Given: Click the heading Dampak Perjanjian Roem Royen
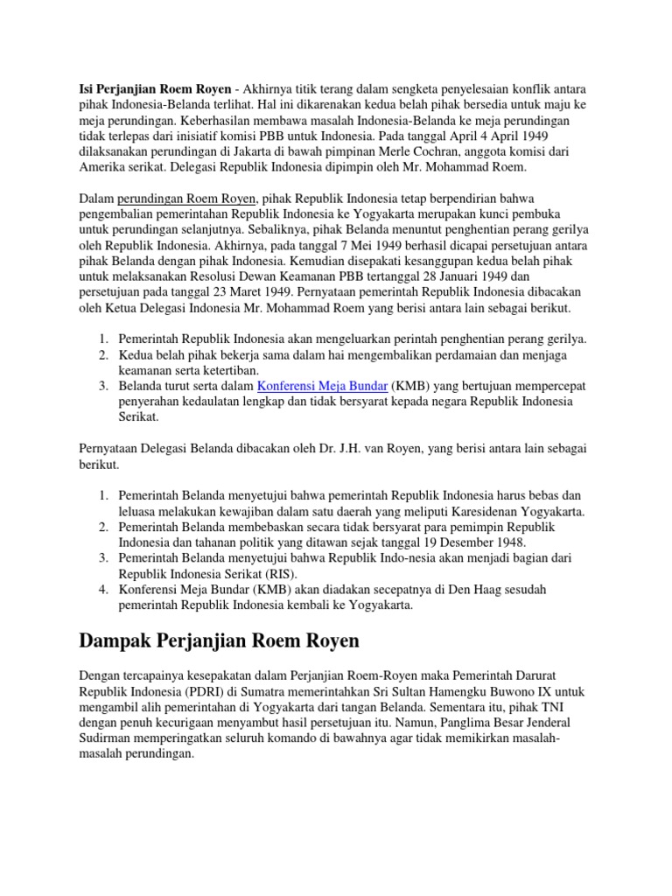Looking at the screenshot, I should click(219, 641).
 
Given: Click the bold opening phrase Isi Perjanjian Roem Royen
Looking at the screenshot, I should click(156, 90).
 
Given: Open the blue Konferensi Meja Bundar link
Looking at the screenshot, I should click(322, 386).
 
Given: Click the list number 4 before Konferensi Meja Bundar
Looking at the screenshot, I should click(102, 589).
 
